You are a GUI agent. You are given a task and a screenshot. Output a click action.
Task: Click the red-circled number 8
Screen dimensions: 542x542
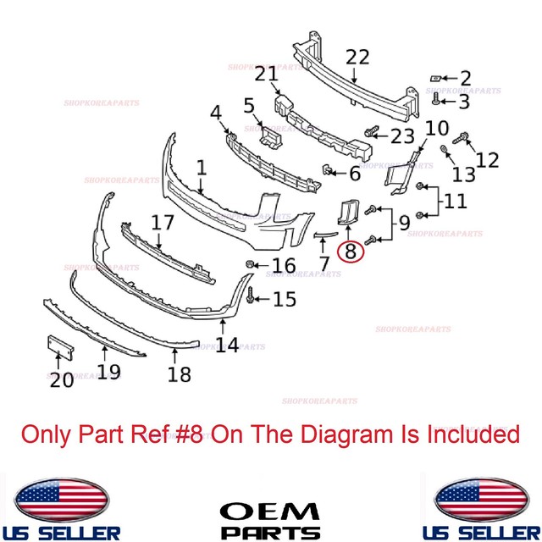348,251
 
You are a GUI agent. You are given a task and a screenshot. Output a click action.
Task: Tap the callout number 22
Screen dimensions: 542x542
357,58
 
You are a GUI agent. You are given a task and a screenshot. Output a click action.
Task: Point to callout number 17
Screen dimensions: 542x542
163,223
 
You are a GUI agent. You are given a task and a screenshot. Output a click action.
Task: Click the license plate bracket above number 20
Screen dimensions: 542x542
55,348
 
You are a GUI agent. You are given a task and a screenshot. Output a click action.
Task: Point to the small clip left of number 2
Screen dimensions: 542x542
435,78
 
